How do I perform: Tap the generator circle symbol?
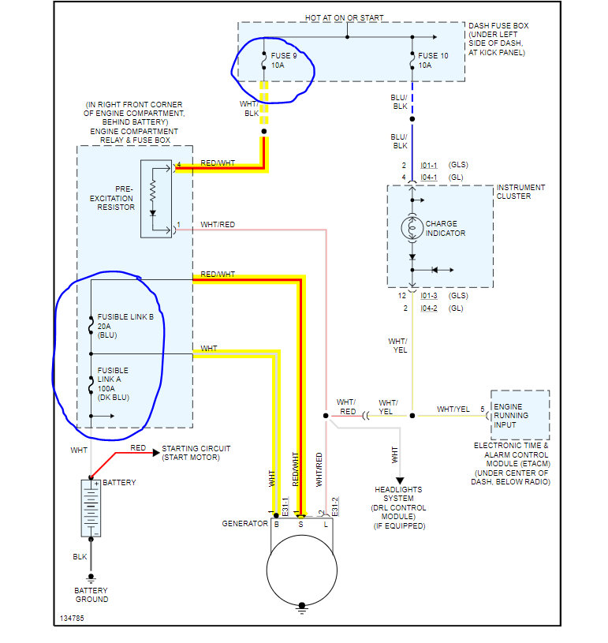[301, 570]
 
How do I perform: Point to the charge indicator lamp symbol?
[412, 228]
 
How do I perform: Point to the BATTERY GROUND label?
[91, 595]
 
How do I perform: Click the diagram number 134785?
[71, 618]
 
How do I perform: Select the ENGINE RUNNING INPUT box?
[520, 415]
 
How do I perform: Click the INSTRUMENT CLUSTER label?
[520, 192]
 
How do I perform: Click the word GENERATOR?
[244, 524]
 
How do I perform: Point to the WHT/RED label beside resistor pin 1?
[218, 225]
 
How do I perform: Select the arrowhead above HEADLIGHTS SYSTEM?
[399, 480]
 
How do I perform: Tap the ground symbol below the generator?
[301, 607]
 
